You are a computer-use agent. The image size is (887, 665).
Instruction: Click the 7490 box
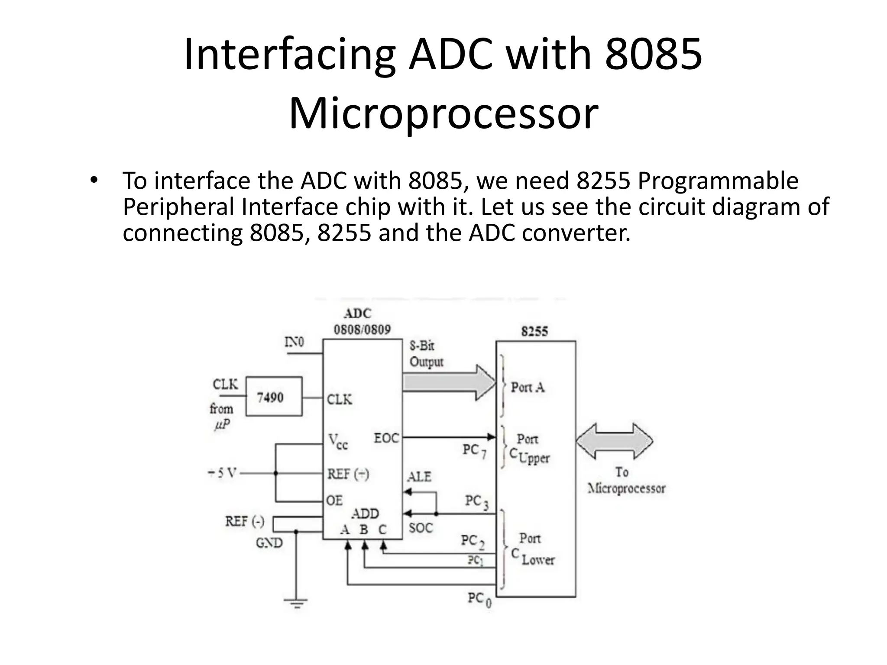coord(274,397)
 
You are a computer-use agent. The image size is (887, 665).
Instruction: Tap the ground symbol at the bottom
coord(296,602)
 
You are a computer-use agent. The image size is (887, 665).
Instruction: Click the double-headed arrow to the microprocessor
coord(615,441)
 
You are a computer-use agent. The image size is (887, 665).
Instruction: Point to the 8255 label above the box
coord(534,332)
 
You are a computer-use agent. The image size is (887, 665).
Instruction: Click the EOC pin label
coord(386,439)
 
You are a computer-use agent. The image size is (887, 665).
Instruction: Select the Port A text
coord(528,387)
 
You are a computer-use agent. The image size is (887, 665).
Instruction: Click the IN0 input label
coord(294,342)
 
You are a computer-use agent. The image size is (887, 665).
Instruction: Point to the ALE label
coord(419,477)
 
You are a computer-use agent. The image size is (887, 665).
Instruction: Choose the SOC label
coord(421,528)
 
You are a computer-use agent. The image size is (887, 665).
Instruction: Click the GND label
coord(269,543)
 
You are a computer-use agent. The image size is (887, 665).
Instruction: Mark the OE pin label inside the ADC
coord(334,501)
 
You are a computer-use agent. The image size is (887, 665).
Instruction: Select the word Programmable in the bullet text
coord(718,181)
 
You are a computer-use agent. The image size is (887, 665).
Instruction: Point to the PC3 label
coord(476,502)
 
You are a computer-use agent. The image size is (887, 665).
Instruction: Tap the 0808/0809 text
coord(362,330)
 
